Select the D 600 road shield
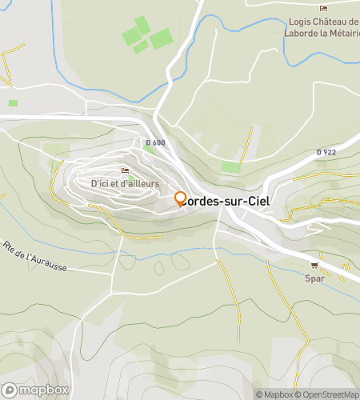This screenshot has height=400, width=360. coord(155,142)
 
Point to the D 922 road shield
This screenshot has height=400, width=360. coord(326,152)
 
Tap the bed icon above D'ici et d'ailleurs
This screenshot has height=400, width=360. coord(124,170)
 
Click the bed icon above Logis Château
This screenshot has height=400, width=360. coord(324,9)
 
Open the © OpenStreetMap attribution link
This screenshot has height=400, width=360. coord(327,394)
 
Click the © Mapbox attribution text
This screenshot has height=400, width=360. coord(274,394)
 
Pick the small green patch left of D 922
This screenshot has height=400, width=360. coord(230,167)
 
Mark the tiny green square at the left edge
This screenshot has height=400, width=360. coord(13,102)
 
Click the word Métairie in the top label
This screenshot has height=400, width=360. coord(340,33)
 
